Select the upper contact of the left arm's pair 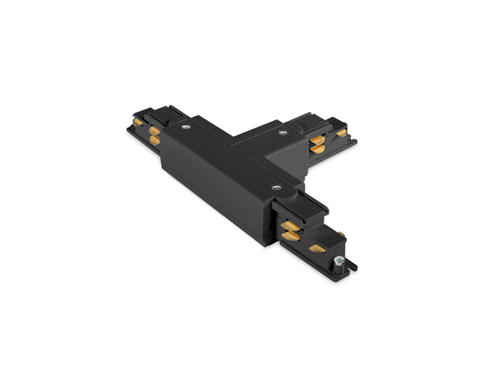pyautogui.click(x=154, y=129)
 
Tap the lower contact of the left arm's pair pyautogui.click(x=153, y=140)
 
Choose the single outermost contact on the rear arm pyautogui.click(x=341, y=132)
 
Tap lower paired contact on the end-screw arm pyautogui.click(x=290, y=236)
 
